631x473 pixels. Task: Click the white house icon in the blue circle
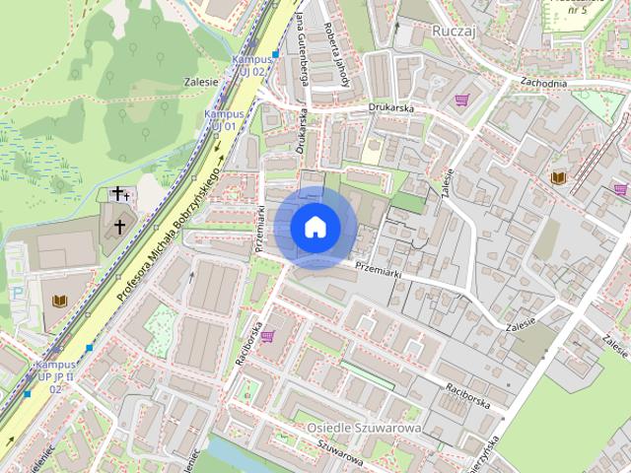pyautogui.click(x=315, y=228)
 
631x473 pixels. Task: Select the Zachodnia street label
pyautogui.click(x=544, y=84)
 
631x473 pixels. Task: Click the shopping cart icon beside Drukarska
pyautogui.click(x=461, y=100)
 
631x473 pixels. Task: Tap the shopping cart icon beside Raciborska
pyautogui.click(x=267, y=336)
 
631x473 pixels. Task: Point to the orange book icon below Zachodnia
pyautogui.click(x=558, y=176)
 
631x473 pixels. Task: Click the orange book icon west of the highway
pyautogui.click(x=59, y=300)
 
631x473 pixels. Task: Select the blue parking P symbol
pyautogui.click(x=17, y=293)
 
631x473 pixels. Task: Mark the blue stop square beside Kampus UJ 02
pyautogui.click(x=276, y=53)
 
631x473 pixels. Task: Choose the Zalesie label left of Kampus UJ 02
pyautogui.click(x=200, y=82)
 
